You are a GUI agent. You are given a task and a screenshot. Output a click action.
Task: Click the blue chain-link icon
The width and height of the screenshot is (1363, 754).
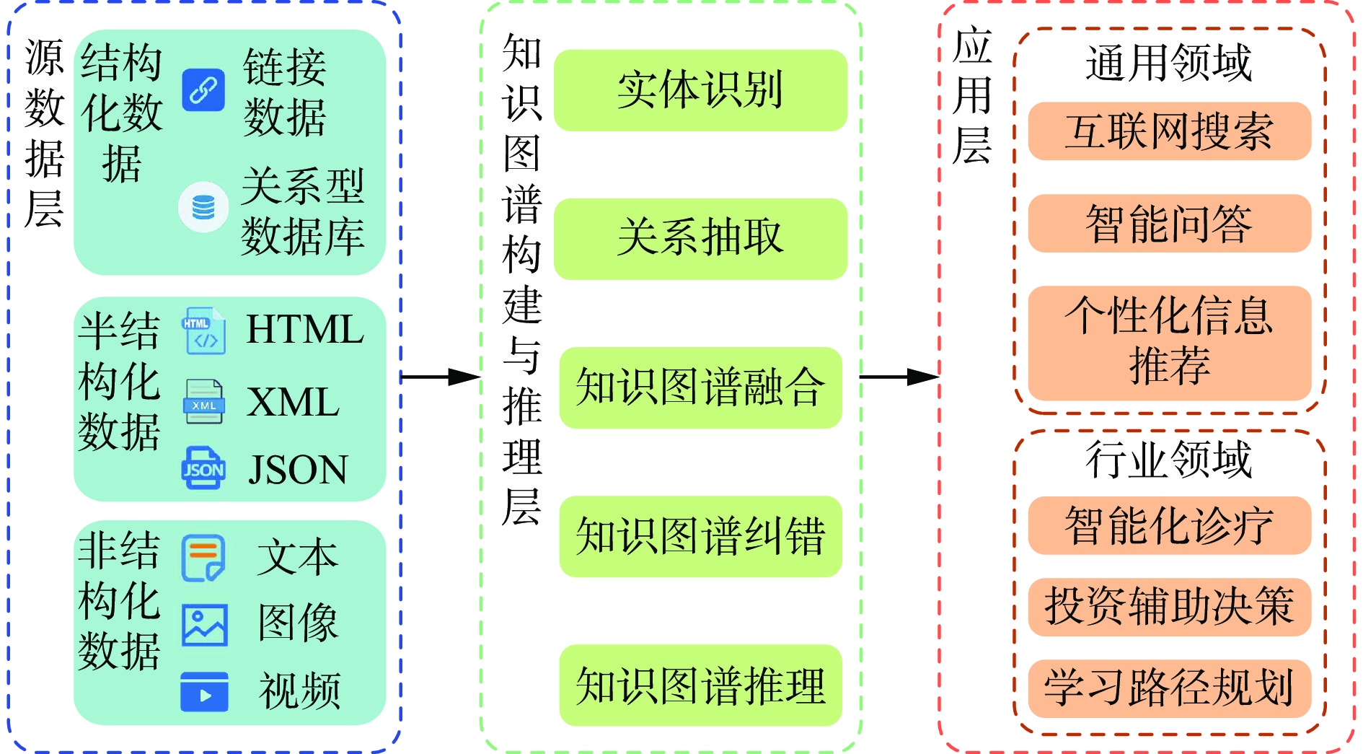pyautogui.click(x=203, y=90)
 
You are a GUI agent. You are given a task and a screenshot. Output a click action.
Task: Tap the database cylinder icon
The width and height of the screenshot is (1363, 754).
pyautogui.click(x=203, y=207)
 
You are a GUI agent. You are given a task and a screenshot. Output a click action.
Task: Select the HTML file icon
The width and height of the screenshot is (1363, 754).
pyautogui.click(x=204, y=331)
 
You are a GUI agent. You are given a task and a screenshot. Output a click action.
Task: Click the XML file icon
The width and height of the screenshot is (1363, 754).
pyautogui.click(x=204, y=401)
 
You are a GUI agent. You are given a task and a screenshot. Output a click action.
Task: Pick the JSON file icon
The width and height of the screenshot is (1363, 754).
pyautogui.click(x=203, y=468)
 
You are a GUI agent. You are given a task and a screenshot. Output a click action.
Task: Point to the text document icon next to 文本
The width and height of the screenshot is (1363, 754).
pyautogui.click(x=203, y=558)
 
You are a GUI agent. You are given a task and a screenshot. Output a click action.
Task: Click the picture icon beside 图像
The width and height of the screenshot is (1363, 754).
pyautogui.click(x=205, y=625)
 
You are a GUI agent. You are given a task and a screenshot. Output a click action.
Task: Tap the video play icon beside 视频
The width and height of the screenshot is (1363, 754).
pyautogui.click(x=205, y=692)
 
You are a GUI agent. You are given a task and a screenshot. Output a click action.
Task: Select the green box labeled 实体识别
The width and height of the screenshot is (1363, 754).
pyautogui.click(x=700, y=90)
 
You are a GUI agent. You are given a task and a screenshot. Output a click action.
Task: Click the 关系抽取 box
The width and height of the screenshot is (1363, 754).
pyautogui.click(x=700, y=239)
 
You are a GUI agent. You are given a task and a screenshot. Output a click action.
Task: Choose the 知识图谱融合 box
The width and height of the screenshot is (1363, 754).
pyautogui.click(x=700, y=387)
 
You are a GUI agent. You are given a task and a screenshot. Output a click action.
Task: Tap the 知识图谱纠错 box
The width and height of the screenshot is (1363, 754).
pyautogui.click(x=700, y=536)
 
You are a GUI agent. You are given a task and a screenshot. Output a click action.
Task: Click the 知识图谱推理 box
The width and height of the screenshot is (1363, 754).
pyautogui.click(x=700, y=685)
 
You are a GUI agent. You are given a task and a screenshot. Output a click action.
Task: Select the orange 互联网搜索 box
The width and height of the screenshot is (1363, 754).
pyautogui.click(x=1169, y=131)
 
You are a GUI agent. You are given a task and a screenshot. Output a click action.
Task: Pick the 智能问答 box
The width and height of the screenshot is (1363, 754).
pyautogui.click(x=1169, y=223)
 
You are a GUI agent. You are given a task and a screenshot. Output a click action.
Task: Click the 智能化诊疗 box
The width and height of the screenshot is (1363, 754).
pyautogui.click(x=1169, y=525)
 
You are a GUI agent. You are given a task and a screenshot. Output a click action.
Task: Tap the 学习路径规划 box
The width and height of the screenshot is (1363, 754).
pyautogui.click(x=1169, y=688)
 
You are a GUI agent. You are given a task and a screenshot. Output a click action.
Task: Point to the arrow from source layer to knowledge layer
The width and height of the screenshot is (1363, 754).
pyautogui.click(x=440, y=377)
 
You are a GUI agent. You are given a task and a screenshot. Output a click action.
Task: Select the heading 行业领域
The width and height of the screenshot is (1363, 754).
pyautogui.click(x=1169, y=460)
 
